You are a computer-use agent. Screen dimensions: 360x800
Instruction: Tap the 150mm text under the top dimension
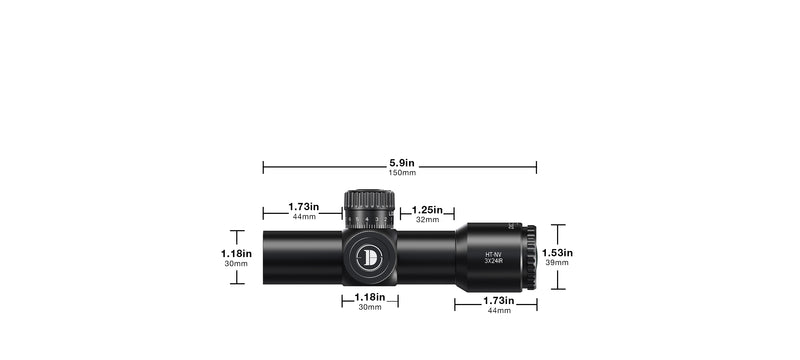coord(399,173)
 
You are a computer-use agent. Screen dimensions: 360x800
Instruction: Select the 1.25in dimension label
coord(426,210)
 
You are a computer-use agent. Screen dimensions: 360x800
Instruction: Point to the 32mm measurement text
coord(426,220)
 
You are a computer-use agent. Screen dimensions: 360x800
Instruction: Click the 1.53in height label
coord(557,253)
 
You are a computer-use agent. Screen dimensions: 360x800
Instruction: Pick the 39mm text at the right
coord(557,263)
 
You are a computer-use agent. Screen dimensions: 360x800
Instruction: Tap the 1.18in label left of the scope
coord(237,254)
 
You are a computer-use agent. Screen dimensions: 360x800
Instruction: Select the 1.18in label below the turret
coord(369,297)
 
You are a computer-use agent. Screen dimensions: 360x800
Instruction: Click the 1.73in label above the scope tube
coord(304,206)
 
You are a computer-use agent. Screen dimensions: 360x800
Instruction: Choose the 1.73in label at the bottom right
coord(497,300)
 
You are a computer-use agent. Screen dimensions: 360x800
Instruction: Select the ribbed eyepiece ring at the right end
coord(531,255)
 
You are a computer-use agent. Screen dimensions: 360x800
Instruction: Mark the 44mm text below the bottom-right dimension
coord(497,311)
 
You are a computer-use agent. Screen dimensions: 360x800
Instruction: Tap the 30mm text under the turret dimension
coord(369,307)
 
